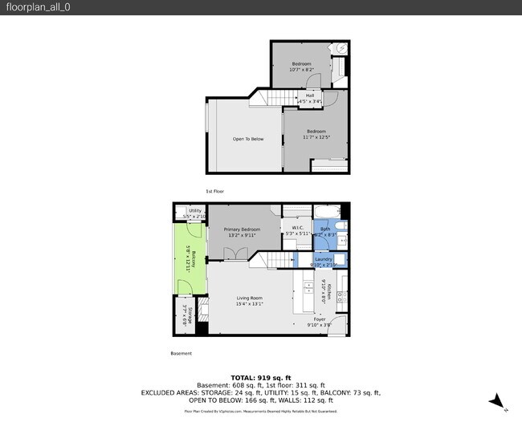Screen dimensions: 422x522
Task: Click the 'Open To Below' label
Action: pyautogui.click(x=248, y=139)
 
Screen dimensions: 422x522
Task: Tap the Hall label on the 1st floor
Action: pyautogui.click(x=309, y=96)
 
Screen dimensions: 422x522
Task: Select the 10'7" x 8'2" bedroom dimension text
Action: pyautogui.click(x=301, y=70)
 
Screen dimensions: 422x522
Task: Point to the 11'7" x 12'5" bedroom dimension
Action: pyautogui.click(x=316, y=137)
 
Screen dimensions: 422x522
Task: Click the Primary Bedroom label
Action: pyautogui.click(x=242, y=229)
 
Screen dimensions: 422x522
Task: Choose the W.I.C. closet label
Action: pyautogui.click(x=296, y=228)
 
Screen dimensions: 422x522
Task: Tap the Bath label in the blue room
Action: pyautogui.click(x=325, y=229)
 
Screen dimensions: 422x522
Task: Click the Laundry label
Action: pyautogui.click(x=324, y=259)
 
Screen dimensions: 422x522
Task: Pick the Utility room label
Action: pyautogui.click(x=195, y=211)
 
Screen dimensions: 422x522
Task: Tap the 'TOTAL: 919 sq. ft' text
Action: pyautogui.click(x=260, y=376)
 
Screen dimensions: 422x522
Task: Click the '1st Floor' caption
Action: pyautogui.click(x=214, y=192)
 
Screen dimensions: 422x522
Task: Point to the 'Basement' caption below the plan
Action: pyautogui.click(x=181, y=354)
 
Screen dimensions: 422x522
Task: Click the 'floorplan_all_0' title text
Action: pyautogui.click(x=35, y=8)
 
